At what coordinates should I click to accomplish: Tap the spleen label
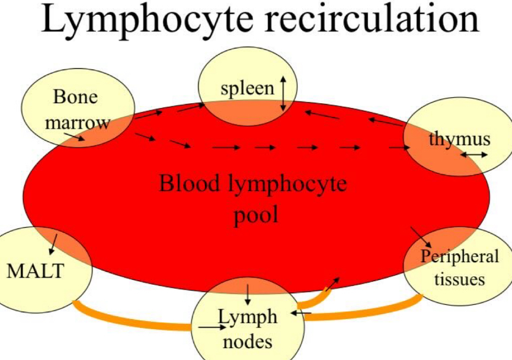247,88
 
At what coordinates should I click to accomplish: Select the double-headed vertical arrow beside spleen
283,93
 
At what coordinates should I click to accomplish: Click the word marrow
78,123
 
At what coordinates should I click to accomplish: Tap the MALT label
35,272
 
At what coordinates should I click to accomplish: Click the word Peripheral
459,256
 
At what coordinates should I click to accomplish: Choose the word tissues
459,278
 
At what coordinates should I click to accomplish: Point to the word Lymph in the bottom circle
247,316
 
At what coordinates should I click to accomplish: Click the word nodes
248,341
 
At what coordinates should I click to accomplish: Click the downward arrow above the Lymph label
248,292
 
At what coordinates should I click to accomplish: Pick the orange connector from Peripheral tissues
361,313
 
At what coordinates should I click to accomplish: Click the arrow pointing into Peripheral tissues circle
421,237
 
